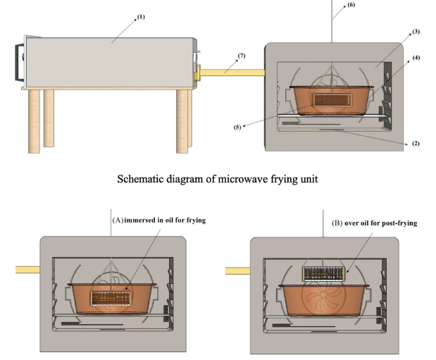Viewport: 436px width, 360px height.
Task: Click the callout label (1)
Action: click(142, 17)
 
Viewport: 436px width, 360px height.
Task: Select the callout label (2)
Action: click(416, 144)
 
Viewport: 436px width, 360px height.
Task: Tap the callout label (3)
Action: click(416, 32)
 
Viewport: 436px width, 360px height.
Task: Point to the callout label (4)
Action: click(416, 58)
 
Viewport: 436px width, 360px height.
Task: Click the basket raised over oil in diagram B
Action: click(325, 273)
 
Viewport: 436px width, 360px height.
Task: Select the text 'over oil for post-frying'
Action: click(378, 223)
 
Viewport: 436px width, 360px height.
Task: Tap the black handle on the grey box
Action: click(18, 63)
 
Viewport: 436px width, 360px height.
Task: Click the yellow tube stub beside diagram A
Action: click(27, 269)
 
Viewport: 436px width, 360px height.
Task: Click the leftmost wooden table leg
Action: click(34, 121)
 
